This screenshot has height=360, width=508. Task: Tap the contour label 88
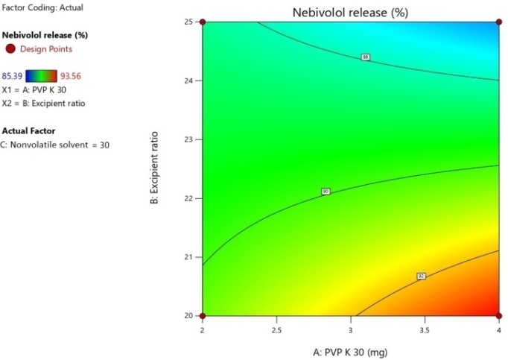[x=365, y=57]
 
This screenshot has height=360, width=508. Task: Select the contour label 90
[x=326, y=192]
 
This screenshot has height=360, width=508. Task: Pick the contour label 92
[x=421, y=276]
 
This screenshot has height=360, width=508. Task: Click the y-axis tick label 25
[x=188, y=22]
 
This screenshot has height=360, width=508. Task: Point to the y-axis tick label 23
[x=188, y=139]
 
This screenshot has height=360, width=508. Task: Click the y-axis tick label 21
[x=188, y=257]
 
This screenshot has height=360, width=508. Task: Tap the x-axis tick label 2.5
[x=276, y=328]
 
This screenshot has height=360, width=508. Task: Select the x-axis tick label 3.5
[x=425, y=328]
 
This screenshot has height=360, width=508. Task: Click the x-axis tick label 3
[x=351, y=328]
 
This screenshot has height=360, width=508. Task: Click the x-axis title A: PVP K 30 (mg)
[x=350, y=350]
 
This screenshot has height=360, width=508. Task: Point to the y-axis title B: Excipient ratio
[x=154, y=168]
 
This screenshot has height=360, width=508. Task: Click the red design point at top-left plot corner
[x=202, y=22]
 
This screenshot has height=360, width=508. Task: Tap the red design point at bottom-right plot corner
[x=499, y=316]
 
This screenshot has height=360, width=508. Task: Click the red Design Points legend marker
[x=10, y=49]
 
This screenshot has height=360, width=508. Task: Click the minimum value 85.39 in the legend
[x=13, y=75]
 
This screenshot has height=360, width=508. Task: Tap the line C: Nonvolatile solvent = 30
[x=55, y=145]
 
